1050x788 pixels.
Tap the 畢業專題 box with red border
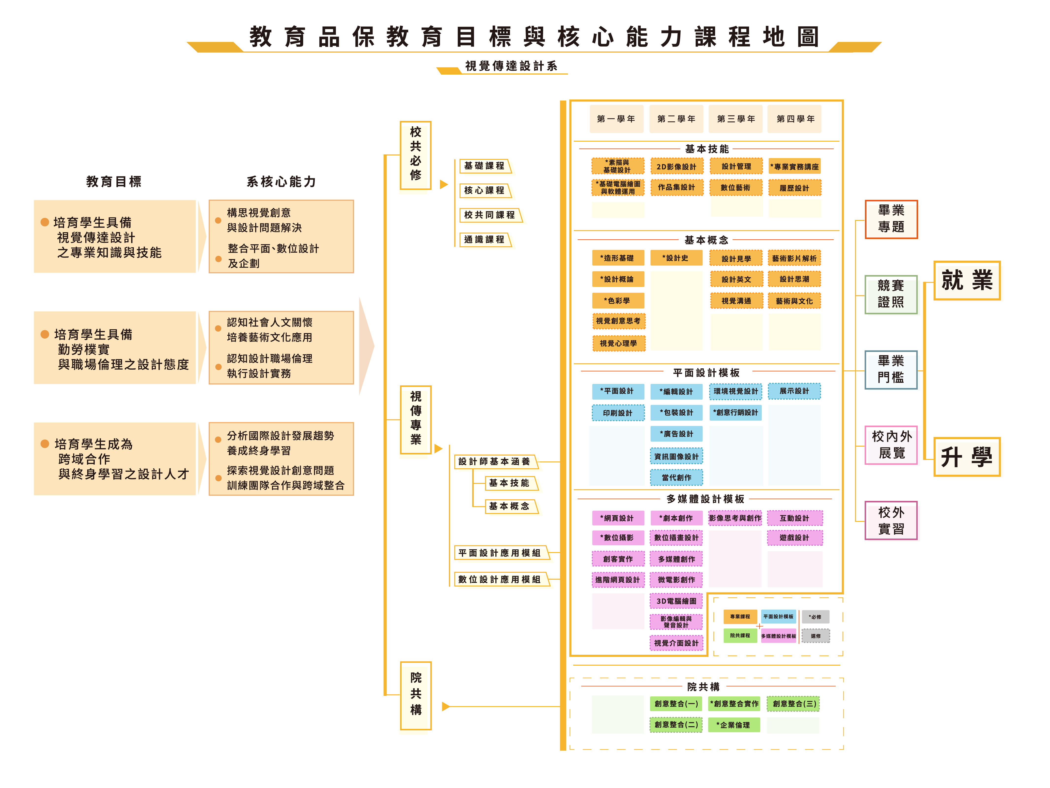(x=891, y=219)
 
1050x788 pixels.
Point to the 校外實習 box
(x=891, y=521)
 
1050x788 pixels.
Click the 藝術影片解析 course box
(x=794, y=258)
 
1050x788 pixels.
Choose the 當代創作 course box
(x=676, y=477)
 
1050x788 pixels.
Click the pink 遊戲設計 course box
(x=794, y=538)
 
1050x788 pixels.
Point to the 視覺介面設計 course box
(x=676, y=643)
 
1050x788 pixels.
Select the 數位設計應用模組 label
(x=500, y=579)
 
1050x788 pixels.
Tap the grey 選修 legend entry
(x=815, y=636)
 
